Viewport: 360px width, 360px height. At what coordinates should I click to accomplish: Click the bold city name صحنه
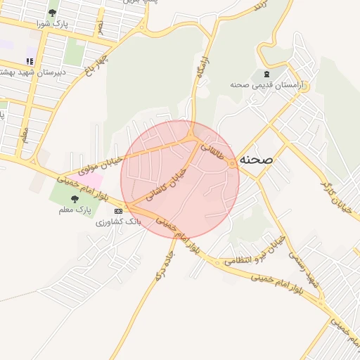coord(256,159)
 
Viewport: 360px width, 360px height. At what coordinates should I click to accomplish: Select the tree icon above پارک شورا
coord(53,13)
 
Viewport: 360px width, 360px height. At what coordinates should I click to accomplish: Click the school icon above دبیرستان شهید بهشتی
coord(30,61)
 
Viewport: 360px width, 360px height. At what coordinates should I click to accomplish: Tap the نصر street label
coord(101,26)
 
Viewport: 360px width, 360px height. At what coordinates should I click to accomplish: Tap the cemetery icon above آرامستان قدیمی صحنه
coord(266,74)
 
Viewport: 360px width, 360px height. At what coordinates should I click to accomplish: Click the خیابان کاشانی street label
coord(168,184)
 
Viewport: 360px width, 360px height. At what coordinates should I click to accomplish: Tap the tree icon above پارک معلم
coord(75,199)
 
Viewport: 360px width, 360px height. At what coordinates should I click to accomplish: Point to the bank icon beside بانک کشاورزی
coord(117,210)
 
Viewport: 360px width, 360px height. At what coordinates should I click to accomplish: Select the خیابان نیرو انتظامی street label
coord(255,255)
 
